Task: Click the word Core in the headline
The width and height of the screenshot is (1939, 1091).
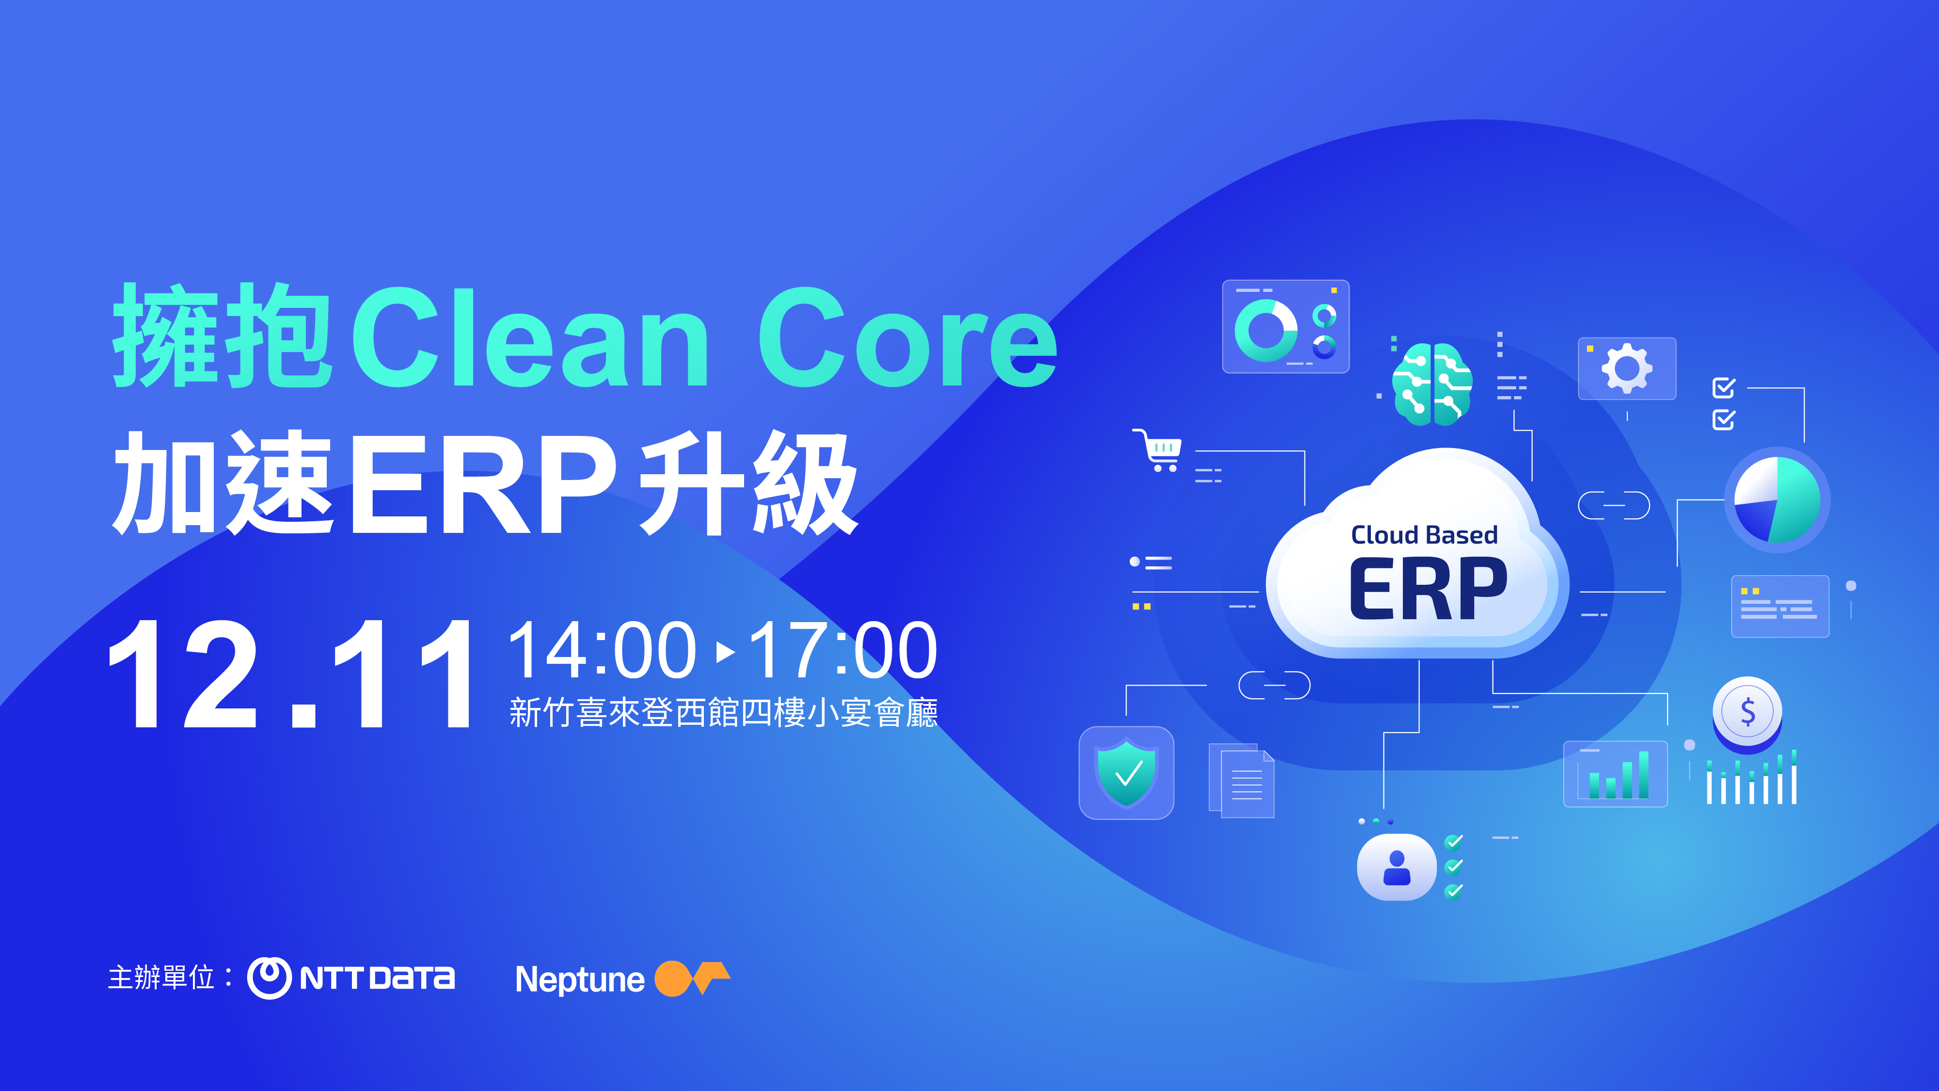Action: pos(907,337)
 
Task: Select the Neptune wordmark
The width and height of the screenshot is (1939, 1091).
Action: pos(580,979)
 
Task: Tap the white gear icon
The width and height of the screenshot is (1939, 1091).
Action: pos(1627,368)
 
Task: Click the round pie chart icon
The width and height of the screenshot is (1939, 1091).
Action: pos(1777,500)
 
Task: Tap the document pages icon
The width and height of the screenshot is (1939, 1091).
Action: pos(1241,780)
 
